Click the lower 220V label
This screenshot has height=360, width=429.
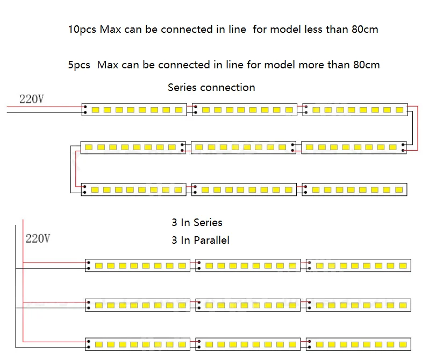pos(38,238)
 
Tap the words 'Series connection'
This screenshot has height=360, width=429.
pos(211,87)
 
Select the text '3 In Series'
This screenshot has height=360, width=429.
pos(197,222)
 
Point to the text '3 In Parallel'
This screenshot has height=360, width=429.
pos(201,240)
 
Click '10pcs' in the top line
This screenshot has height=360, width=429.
pos(82,30)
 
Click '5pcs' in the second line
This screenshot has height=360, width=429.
pos(79,65)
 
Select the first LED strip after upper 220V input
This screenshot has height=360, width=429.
pos(135,110)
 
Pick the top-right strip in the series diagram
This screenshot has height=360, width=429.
pos(355,110)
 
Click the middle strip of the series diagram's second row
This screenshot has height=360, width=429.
pos(242,147)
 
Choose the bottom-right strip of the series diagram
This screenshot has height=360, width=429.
pos(355,190)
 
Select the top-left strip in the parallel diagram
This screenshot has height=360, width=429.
pos(138,265)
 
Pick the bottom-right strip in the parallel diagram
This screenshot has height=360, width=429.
pos(359,343)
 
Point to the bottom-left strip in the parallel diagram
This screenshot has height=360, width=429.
pos(138,343)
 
